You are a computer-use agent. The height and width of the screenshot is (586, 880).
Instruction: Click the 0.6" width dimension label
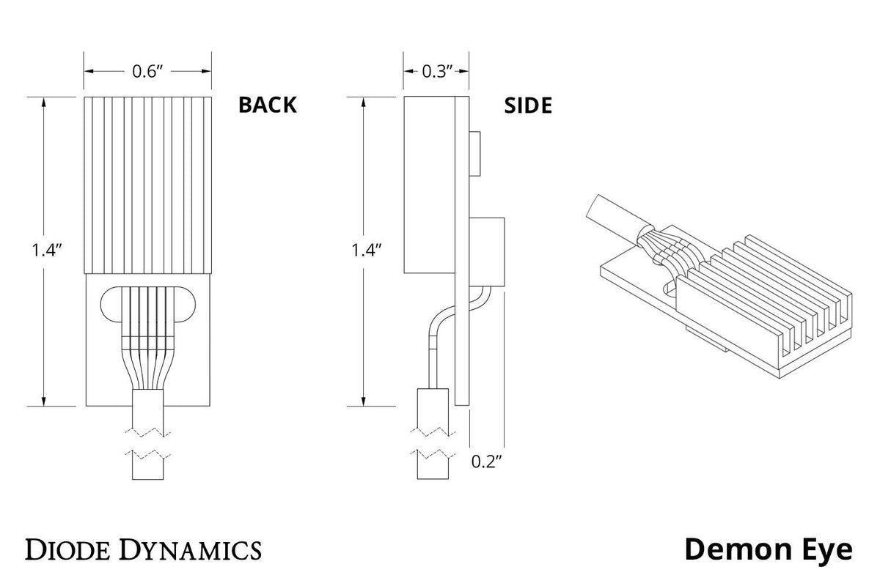tap(148, 71)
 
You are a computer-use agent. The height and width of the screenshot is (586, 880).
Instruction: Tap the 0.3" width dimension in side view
tap(436, 71)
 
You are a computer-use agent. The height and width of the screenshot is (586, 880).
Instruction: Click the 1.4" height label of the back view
tap(45, 250)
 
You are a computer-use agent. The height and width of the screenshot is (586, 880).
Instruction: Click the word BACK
tap(268, 105)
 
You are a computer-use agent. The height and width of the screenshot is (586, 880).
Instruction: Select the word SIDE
tap(528, 105)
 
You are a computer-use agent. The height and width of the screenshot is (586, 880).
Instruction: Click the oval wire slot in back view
tap(148, 305)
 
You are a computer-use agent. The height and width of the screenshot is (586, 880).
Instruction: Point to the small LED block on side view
tap(475, 154)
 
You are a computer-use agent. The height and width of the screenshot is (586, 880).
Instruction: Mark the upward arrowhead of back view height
tap(45, 102)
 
